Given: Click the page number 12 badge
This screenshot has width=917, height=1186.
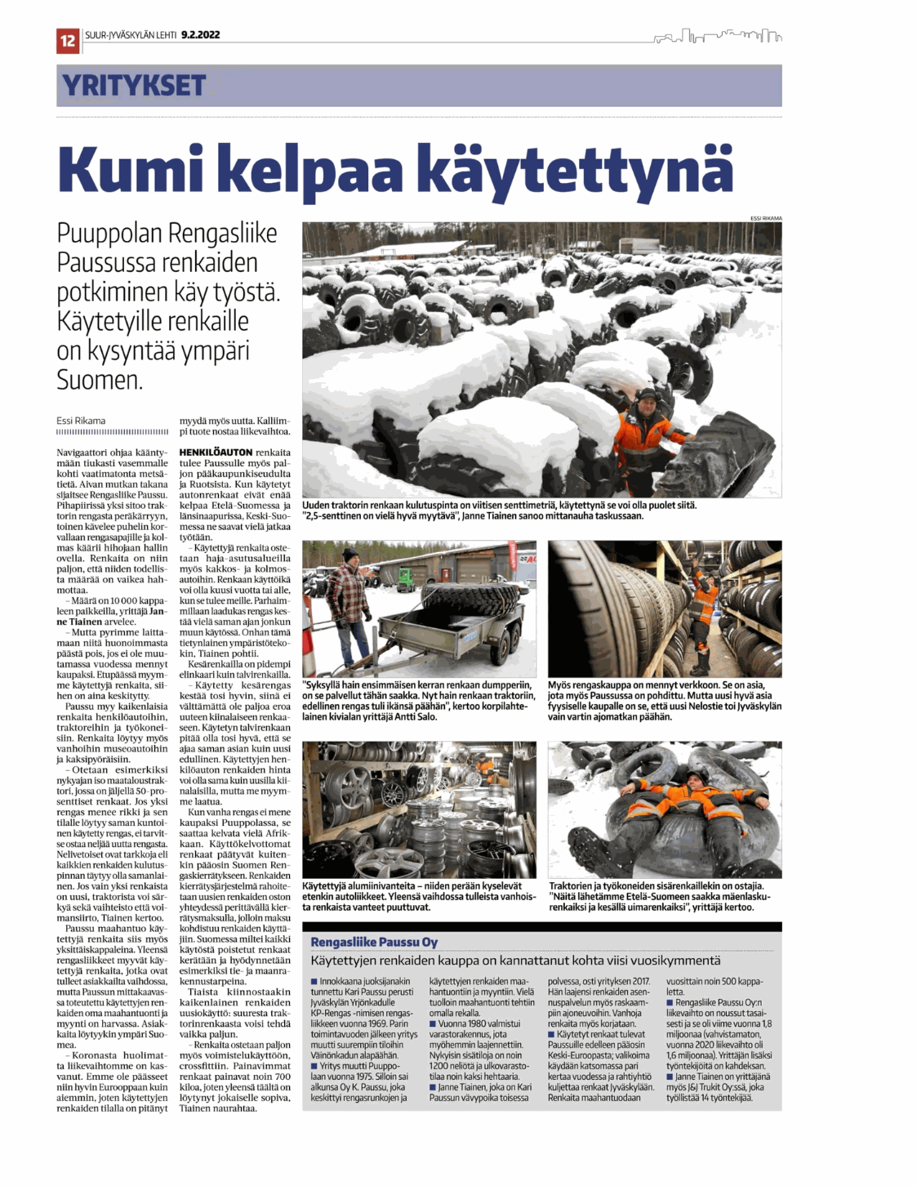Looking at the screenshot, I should click(x=68, y=39).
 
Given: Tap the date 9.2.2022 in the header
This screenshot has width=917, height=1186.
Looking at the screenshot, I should click(x=200, y=34).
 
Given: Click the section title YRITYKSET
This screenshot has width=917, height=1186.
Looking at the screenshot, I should click(x=134, y=85).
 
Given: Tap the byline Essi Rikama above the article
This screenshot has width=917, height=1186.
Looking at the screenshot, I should click(x=81, y=421).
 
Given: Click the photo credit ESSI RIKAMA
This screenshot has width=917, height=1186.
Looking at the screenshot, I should click(x=765, y=218).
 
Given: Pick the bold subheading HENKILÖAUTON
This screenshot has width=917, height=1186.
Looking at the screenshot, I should click(x=216, y=452).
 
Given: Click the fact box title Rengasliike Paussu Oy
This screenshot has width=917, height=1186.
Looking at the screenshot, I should click(x=374, y=942).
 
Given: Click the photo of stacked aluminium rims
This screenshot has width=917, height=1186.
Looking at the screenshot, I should click(x=419, y=809).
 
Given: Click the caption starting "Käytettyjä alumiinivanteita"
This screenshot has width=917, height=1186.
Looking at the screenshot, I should click(x=419, y=896).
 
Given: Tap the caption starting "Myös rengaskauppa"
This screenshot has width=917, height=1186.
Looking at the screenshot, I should click(x=664, y=701).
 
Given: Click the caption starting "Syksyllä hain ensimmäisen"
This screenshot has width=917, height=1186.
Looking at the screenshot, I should click(x=417, y=701).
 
